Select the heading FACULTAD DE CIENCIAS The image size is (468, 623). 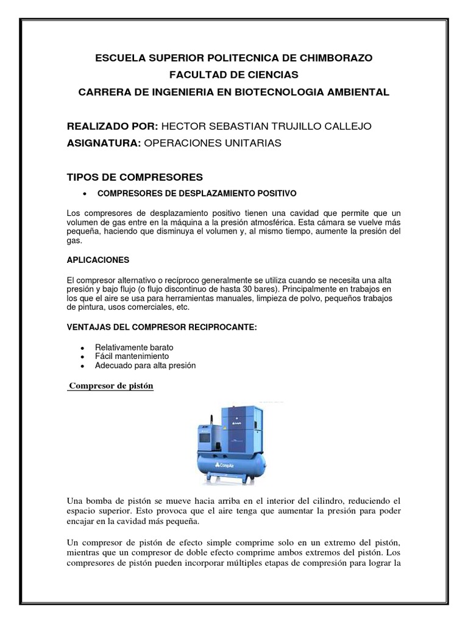click(x=234, y=75)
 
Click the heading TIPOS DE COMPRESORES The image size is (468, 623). click(x=134, y=177)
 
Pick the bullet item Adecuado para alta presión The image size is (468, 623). click(x=145, y=365)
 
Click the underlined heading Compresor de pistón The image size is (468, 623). click(x=111, y=386)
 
